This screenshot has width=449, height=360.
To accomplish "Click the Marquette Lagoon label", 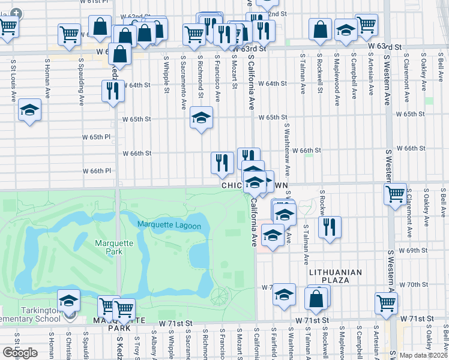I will tap(173, 225).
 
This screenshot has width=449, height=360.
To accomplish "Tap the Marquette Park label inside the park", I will tap(109, 247).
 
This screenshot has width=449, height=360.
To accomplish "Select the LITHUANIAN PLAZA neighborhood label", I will tap(336, 272).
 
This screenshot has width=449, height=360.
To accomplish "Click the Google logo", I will tap(20, 352).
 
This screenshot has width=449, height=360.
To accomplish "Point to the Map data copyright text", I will tap(423, 355).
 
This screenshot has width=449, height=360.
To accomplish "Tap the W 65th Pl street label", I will tap(97, 137).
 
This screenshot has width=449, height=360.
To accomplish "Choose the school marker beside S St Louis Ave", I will tap(29, 110).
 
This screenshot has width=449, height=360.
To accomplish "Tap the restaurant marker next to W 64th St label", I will tap(113, 91).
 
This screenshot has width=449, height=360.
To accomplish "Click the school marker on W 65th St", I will tap(202, 118).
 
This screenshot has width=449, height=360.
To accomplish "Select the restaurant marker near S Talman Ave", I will tap(329, 227).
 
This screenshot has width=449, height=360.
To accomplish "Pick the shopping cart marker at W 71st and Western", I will tap(386, 304).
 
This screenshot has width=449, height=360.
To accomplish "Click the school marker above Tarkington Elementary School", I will tap(68, 301).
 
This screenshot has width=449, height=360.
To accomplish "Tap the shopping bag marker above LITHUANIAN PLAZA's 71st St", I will tap(316, 299).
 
